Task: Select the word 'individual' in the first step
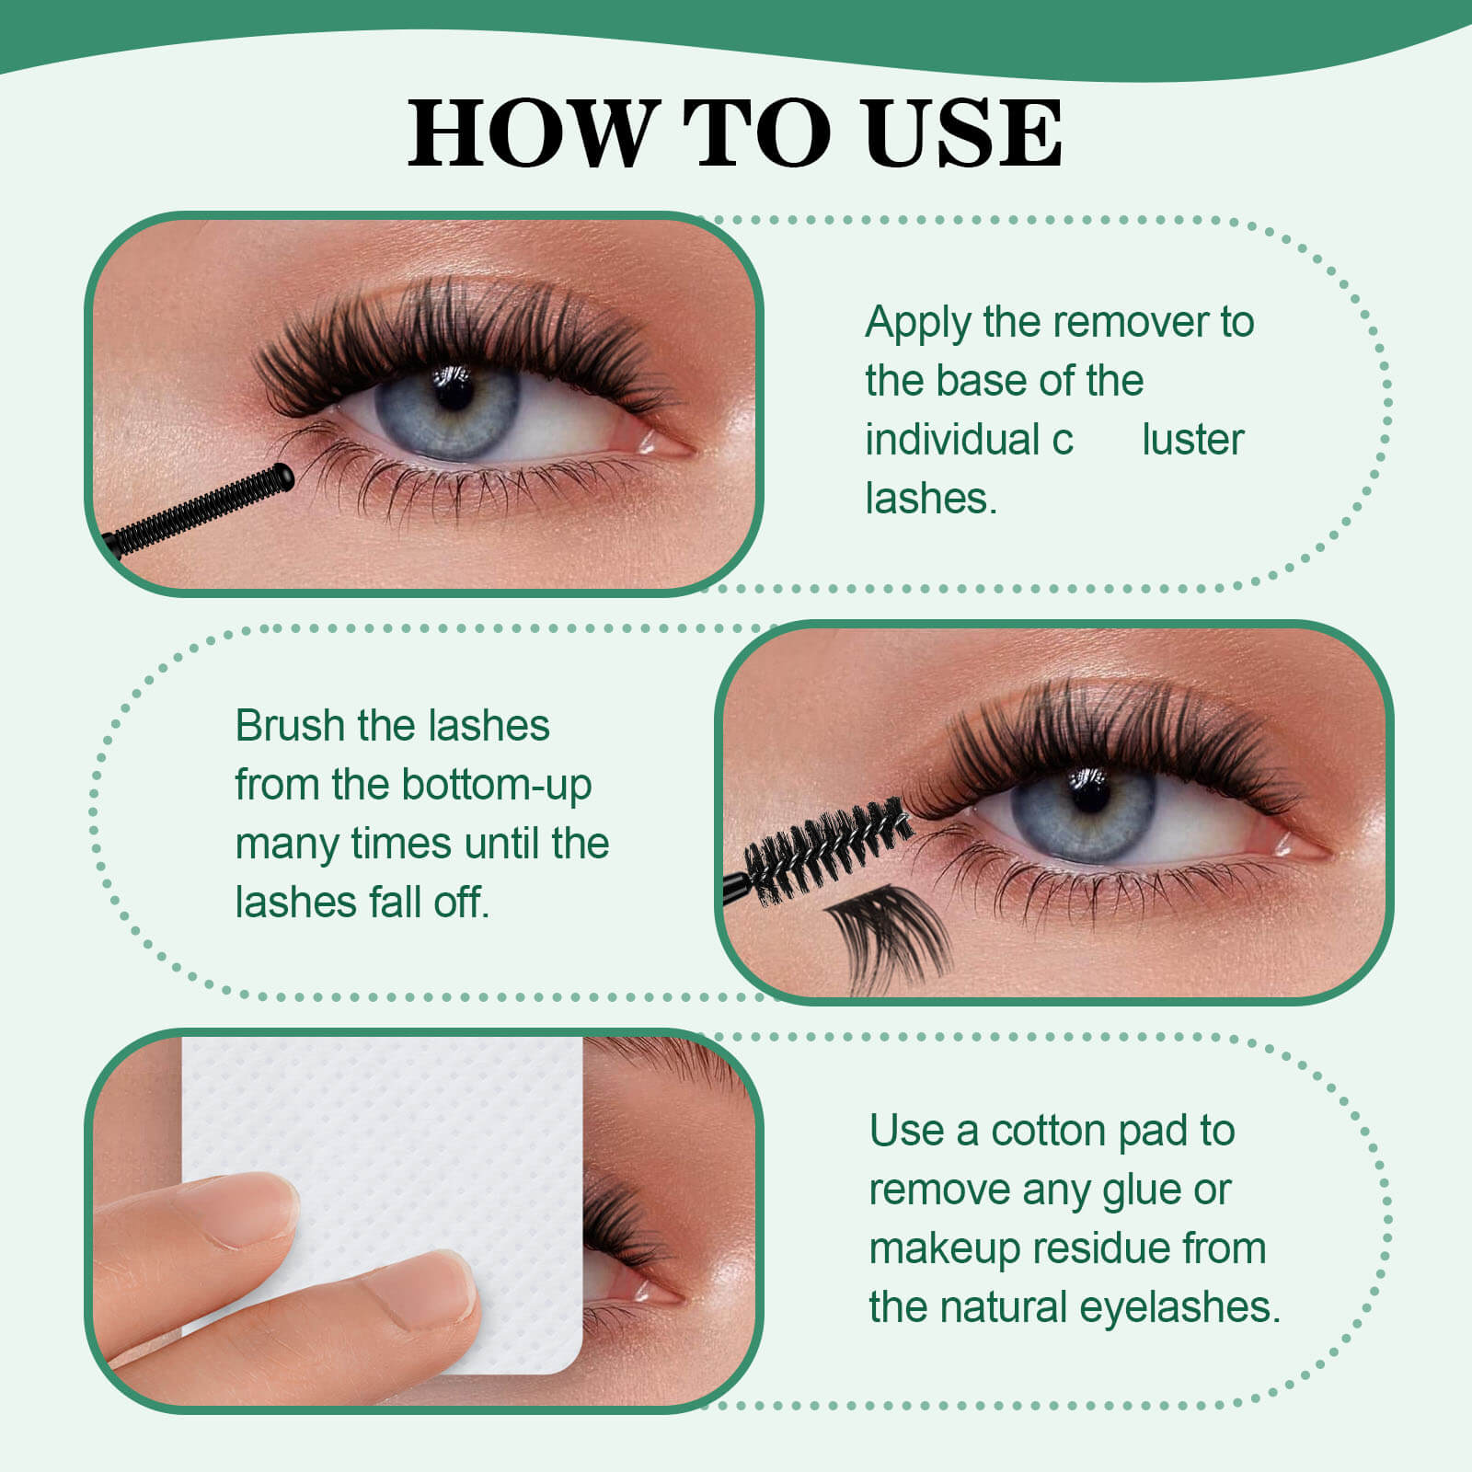(951, 440)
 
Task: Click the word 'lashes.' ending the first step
(931, 499)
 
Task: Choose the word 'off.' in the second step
(461, 903)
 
